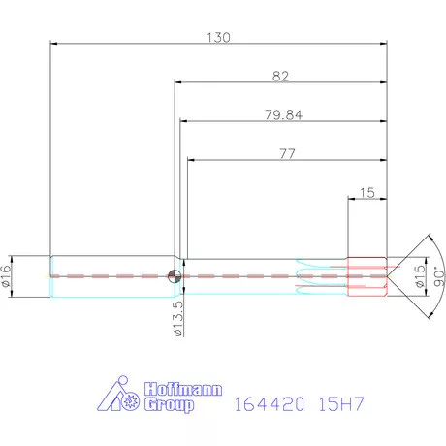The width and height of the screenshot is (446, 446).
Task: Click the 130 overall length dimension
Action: tap(218, 37)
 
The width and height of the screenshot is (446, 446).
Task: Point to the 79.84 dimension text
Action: tap(281, 114)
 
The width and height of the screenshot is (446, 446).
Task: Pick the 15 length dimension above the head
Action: tap(366, 192)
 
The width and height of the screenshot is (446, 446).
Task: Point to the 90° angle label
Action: tap(438, 276)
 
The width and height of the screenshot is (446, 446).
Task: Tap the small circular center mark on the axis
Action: tap(175, 276)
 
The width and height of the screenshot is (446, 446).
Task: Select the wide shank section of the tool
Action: tap(111, 276)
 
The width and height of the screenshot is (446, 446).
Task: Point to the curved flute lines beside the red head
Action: tap(320, 276)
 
